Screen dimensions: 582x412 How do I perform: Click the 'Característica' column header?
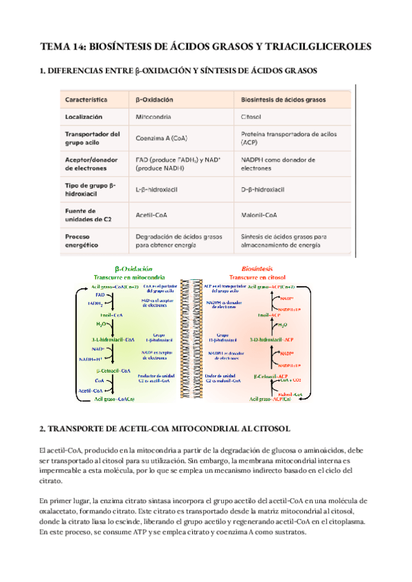point(87,99)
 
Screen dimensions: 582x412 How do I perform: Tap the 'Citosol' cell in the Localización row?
point(253,117)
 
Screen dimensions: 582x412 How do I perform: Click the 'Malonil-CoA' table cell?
point(260,214)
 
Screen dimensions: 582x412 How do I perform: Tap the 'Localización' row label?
point(84,117)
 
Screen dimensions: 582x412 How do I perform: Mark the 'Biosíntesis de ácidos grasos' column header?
point(286,99)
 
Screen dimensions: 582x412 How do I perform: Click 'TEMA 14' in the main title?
point(65,47)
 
